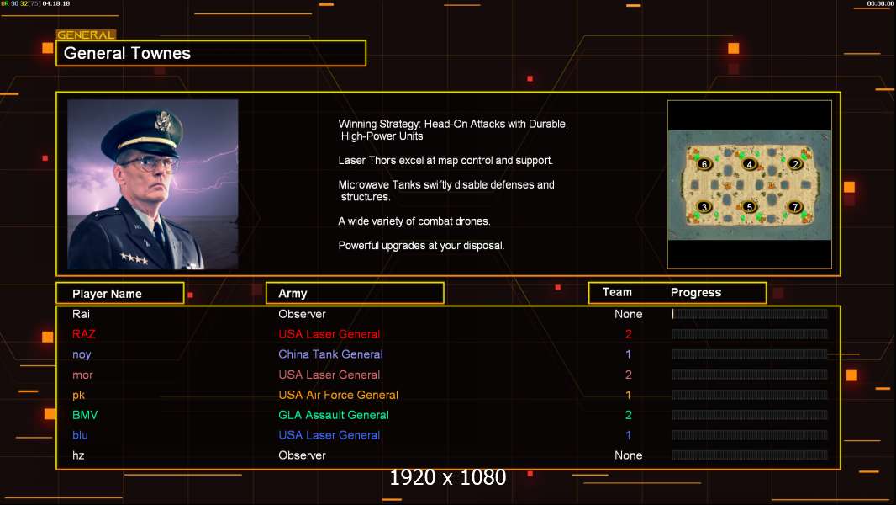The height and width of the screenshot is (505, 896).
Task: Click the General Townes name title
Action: [128, 54]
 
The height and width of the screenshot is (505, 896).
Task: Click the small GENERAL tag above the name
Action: [86, 35]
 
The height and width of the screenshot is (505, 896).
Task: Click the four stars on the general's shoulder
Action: [134, 258]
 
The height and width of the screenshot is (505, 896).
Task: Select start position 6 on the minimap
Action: [704, 164]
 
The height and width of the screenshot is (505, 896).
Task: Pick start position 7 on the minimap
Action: [795, 206]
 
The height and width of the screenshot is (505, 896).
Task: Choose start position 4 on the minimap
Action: [750, 164]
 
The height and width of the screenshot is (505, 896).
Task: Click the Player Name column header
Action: [107, 294]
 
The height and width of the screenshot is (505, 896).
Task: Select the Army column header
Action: [293, 294]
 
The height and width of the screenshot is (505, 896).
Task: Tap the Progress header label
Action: [696, 293]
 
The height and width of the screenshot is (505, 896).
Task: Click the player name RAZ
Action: [84, 334]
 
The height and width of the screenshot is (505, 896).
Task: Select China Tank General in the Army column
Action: [330, 354]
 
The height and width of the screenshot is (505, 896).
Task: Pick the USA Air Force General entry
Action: [338, 395]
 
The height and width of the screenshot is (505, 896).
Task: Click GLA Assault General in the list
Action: [334, 415]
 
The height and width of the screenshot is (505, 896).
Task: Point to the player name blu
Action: [80, 435]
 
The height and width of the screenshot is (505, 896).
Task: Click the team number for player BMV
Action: [629, 415]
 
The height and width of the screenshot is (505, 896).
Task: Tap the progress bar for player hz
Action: [750, 455]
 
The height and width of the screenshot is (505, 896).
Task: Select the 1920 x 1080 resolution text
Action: [448, 478]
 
